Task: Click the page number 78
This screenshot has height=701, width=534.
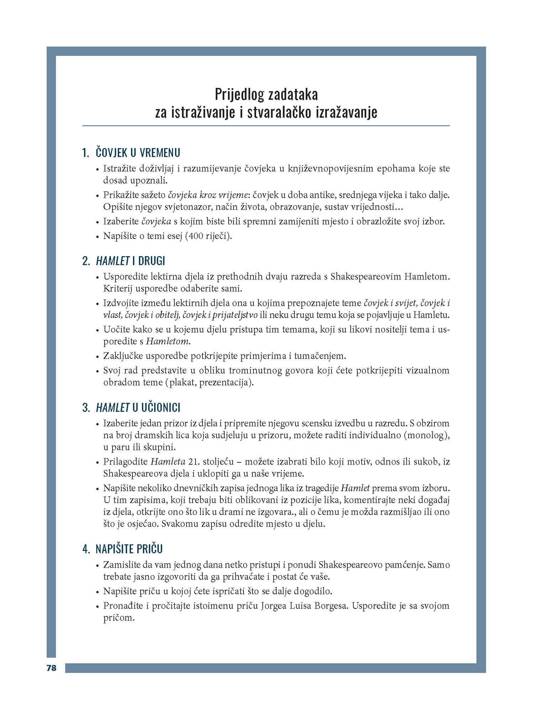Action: pyautogui.click(x=51, y=668)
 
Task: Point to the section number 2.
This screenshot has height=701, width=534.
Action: pyautogui.click(x=86, y=261)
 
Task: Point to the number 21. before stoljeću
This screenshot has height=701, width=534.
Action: pyautogui.click(x=194, y=462)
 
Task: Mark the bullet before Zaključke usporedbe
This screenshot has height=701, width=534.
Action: pyautogui.click(x=98, y=357)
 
